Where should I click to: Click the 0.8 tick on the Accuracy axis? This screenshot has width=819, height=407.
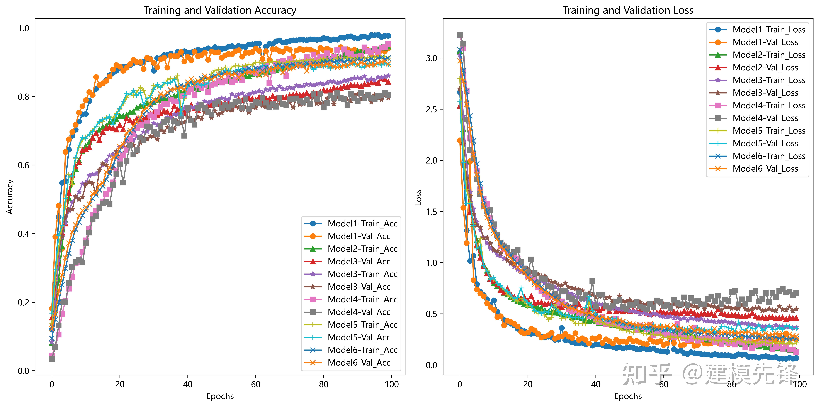click(x=24, y=97)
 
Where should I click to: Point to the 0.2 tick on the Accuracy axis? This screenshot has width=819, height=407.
click(x=24, y=302)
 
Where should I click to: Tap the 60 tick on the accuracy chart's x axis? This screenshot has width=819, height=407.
click(x=256, y=384)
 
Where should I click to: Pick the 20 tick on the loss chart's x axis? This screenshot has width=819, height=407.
click(x=528, y=384)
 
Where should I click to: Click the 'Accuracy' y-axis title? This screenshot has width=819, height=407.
click(x=10, y=197)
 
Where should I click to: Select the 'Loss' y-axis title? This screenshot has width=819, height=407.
click(x=418, y=197)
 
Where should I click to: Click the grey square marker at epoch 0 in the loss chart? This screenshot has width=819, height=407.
click(x=460, y=35)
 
